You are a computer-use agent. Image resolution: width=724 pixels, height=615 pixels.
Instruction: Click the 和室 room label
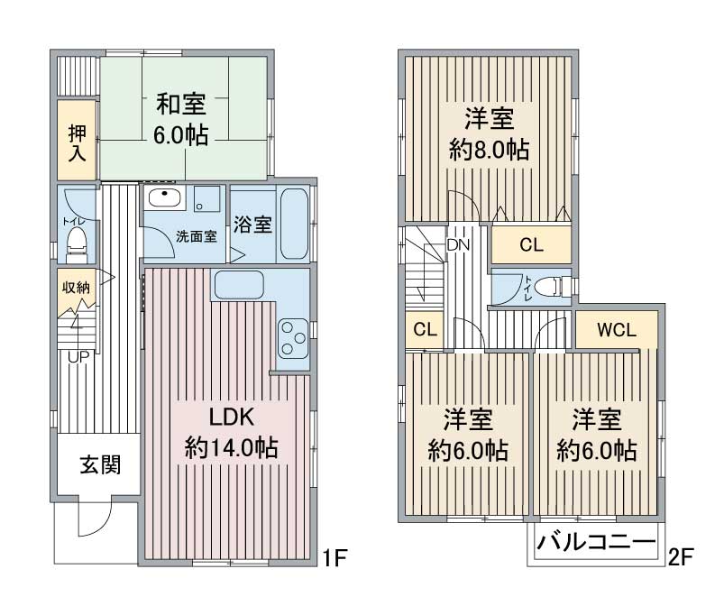pyautogui.click(x=181, y=104)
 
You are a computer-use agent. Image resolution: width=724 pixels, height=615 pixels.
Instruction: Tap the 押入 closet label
pyautogui.click(x=77, y=142)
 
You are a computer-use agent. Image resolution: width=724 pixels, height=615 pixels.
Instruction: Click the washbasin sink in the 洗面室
pyautogui.click(x=164, y=199)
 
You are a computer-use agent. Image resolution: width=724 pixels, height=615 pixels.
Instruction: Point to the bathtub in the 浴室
pyautogui.click(x=295, y=224)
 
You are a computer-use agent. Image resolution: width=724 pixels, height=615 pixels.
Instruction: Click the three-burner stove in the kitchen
pyautogui.click(x=293, y=337)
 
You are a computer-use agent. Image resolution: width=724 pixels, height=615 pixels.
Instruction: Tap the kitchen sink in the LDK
pyautogui.click(x=239, y=285)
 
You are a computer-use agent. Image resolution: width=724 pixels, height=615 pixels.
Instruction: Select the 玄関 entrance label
pyautogui.click(x=100, y=464)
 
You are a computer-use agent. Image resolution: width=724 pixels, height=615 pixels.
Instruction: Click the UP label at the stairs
pyautogui.click(x=78, y=357)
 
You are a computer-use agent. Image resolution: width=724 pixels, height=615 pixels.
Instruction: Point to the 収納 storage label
pyautogui.click(x=76, y=288)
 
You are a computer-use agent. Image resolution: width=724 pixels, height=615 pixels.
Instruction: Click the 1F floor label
pyautogui.click(x=334, y=558)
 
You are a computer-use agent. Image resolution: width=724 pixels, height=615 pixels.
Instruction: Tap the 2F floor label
pyautogui.click(x=681, y=557)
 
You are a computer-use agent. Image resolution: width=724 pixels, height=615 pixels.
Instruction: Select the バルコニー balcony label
pyautogui.click(x=596, y=542)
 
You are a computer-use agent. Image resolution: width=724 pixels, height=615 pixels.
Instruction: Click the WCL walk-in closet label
pyautogui.click(x=617, y=330)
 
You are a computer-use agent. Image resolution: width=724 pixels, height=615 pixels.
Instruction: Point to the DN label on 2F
pyautogui.click(x=458, y=244)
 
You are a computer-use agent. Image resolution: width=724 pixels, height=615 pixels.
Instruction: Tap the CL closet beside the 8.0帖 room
pyautogui.click(x=531, y=244)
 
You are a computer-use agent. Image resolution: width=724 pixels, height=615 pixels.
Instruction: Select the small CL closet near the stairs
pyautogui.click(x=425, y=330)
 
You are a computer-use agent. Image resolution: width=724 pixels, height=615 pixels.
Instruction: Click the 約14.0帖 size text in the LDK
pyautogui.click(x=232, y=447)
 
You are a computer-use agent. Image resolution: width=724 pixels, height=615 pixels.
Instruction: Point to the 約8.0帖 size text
pyautogui.click(x=490, y=149)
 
